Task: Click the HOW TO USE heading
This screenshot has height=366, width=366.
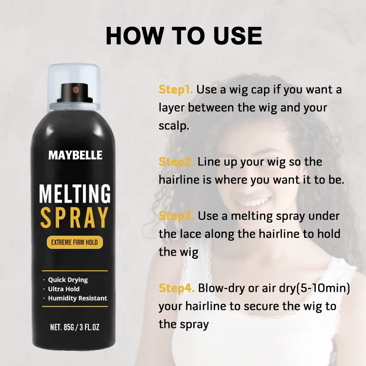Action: pyautogui.click(x=183, y=36)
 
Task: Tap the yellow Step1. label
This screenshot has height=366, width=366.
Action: pyautogui.click(x=176, y=90)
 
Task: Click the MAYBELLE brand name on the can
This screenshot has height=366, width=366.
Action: pyautogui.click(x=75, y=156)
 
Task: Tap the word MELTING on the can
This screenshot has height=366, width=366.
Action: pyautogui.click(x=75, y=193)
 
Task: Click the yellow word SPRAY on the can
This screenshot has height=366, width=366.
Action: pyautogui.click(x=75, y=218)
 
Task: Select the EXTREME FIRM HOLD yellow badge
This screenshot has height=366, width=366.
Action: pyautogui.click(x=75, y=242)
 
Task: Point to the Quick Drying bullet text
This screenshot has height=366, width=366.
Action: pyautogui.click(x=68, y=280)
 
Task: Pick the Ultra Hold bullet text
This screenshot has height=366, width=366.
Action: pyautogui.click(x=65, y=289)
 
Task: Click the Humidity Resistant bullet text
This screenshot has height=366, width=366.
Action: pyautogui.click(x=77, y=298)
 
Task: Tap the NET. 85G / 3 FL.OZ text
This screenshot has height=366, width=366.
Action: pyautogui.click(x=75, y=327)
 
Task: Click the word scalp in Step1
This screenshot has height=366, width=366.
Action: pyautogui.click(x=173, y=125)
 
